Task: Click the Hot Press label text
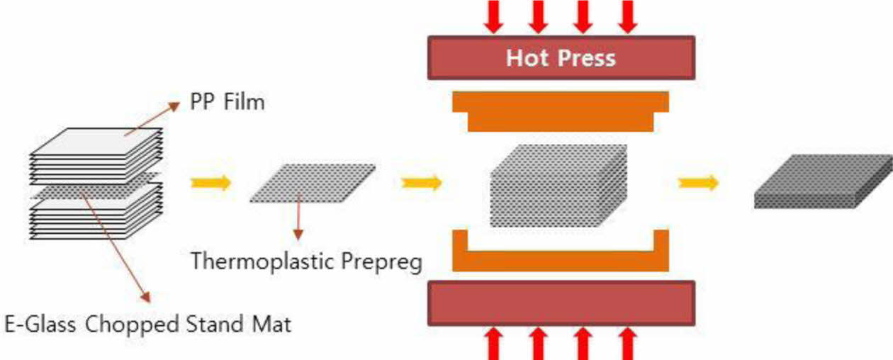click(x=561, y=57)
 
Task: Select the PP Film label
click(x=227, y=102)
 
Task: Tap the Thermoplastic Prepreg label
click(x=306, y=261)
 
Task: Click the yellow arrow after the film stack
click(x=211, y=183)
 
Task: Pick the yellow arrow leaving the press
click(x=698, y=183)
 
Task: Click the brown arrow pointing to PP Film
click(x=152, y=118)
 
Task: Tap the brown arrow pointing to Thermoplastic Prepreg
click(x=298, y=212)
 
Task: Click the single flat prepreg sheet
click(x=313, y=183)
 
